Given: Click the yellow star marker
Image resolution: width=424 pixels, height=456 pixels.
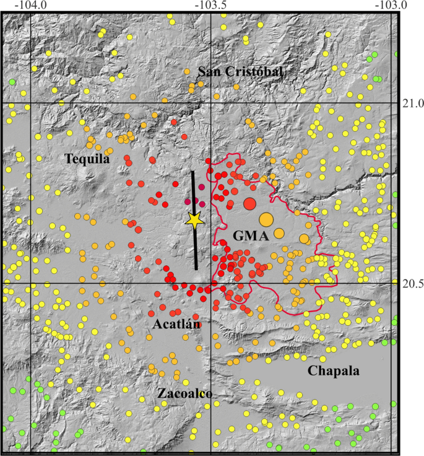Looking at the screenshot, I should (195, 220).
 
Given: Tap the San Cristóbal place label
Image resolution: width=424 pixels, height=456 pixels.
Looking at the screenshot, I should (240, 72).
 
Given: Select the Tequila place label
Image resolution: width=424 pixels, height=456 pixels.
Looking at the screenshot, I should (87, 159).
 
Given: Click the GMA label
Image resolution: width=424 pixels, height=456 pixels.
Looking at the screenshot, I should (250, 235).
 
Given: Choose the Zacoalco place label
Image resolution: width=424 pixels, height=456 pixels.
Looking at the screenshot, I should (185, 394).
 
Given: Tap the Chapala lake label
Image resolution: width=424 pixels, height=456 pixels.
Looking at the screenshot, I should (334, 370).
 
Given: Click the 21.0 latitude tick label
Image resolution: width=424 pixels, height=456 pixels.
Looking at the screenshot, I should (410, 103).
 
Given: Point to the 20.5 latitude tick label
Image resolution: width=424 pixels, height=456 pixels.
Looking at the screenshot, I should (410, 284).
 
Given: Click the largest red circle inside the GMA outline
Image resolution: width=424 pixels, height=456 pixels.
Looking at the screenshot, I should (250, 204).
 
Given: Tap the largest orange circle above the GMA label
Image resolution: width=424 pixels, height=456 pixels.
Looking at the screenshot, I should (266, 219).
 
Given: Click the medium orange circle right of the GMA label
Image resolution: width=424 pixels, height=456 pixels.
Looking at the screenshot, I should (279, 234).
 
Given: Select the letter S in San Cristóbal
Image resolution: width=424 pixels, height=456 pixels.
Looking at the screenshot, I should (202, 72).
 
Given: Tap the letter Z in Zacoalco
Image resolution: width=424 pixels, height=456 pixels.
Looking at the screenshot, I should (162, 394).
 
